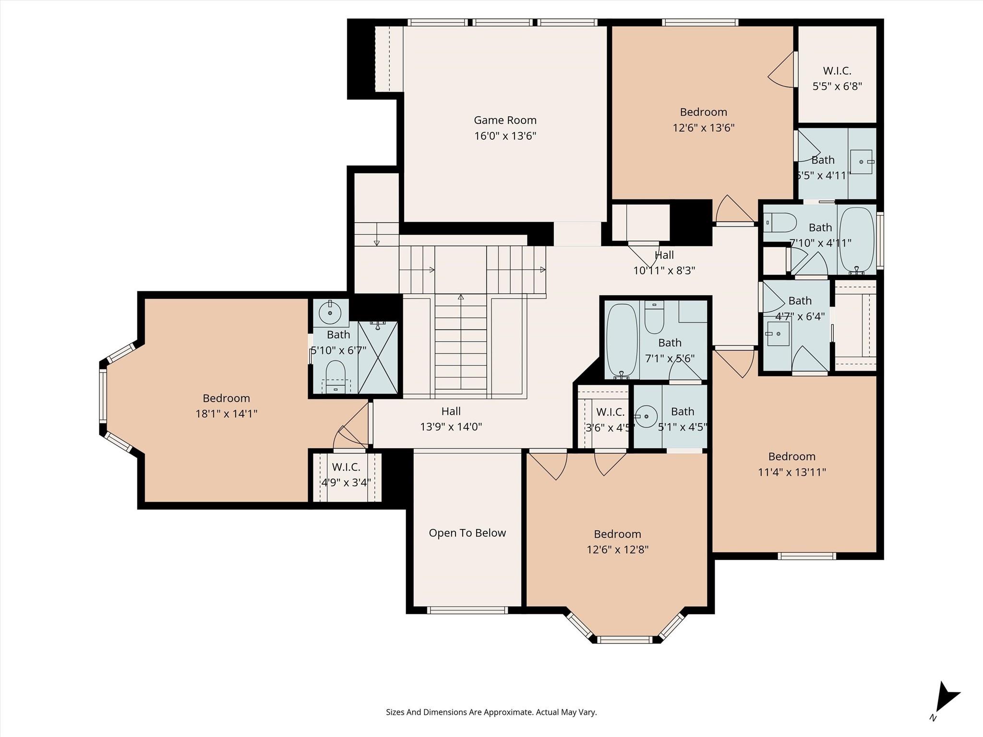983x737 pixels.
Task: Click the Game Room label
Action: [x=505, y=120]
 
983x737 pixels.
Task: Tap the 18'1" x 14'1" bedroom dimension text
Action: [x=226, y=414]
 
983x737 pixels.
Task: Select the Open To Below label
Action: [x=467, y=533]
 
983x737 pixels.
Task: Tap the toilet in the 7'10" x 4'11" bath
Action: [x=779, y=223]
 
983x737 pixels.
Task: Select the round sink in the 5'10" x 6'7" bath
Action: [x=330, y=313]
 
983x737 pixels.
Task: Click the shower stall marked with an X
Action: [x=378, y=357]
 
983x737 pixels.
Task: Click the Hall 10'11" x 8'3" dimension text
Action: [x=664, y=271]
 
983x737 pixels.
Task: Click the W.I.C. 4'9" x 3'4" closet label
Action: [x=346, y=475]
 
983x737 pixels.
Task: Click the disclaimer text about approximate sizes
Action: [x=491, y=712]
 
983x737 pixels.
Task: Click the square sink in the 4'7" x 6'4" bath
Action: [x=778, y=333]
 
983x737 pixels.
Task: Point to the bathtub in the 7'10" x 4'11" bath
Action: [x=858, y=240]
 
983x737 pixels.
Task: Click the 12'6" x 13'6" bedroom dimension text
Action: [x=703, y=128]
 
